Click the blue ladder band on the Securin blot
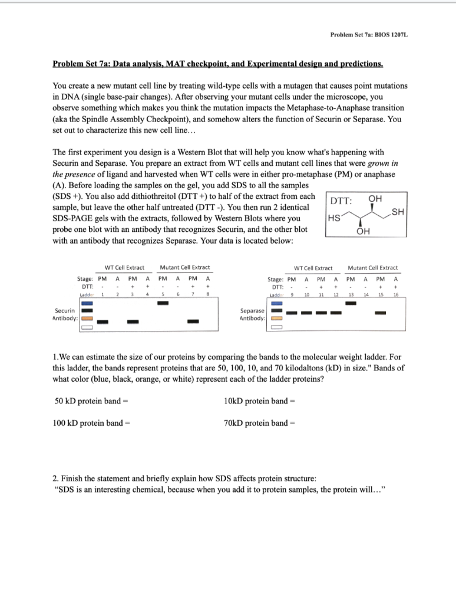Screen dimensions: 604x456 click(88, 303)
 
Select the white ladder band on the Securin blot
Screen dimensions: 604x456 click(88, 328)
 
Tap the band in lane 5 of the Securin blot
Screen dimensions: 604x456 click(163, 303)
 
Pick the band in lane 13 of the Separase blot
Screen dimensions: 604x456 click(351, 303)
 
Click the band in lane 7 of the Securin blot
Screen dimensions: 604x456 click(193, 321)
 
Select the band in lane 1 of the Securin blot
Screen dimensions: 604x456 click(103, 321)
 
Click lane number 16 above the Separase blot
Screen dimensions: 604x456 click(396, 294)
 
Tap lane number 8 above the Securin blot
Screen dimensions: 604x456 click(207, 294)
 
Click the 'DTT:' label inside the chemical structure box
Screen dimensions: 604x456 click(342, 201)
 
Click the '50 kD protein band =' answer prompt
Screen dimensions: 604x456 click(91, 402)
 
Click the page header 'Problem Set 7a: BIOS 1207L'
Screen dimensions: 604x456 click(369, 35)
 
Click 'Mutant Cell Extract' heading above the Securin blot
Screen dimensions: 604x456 click(185, 268)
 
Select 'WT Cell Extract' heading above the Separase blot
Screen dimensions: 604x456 click(313, 268)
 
